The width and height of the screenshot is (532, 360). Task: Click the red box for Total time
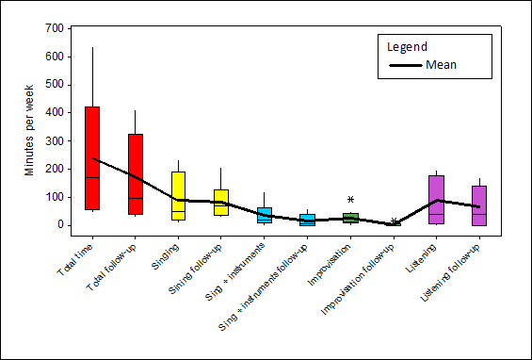click(x=92, y=157)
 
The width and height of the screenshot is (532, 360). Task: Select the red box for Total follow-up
click(x=136, y=174)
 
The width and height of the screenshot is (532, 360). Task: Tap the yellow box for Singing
click(x=178, y=195)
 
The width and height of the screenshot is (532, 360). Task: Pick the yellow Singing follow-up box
click(x=220, y=202)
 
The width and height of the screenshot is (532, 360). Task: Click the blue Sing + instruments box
click(x=265, y=215)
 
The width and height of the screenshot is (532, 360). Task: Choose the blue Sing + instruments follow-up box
click(x=307, y=220)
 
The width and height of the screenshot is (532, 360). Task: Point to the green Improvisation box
click(x=350, y=218)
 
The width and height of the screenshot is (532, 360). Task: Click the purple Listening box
click(x=436, y=199)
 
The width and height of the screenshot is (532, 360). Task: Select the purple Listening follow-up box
click(x=478, y=205)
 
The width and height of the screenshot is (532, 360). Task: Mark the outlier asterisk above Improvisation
click(x=350, y=200)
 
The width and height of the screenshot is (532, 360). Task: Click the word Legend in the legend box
click(x=408, y=46)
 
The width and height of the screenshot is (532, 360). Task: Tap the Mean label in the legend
click(x=442, y=65)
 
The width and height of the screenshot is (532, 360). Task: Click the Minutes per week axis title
click(x=29, y=127)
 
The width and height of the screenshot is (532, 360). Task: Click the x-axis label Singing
click(x=166, y=255)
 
